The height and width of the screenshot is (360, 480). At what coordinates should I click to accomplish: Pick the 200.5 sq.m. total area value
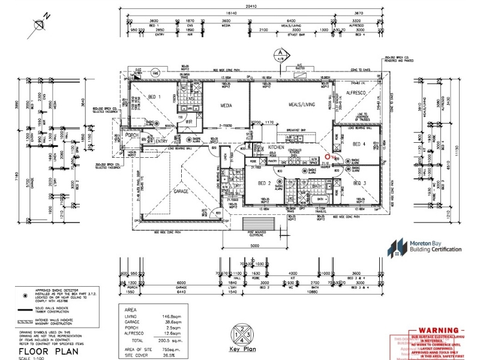(180, 340)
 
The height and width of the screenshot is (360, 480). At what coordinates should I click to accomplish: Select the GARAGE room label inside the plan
(181, 191)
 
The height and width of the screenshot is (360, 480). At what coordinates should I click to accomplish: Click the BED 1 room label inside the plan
(155, 97)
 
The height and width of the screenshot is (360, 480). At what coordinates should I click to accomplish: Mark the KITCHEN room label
(276, 147)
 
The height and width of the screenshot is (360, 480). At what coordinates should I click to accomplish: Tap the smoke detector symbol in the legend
(24, 296)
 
